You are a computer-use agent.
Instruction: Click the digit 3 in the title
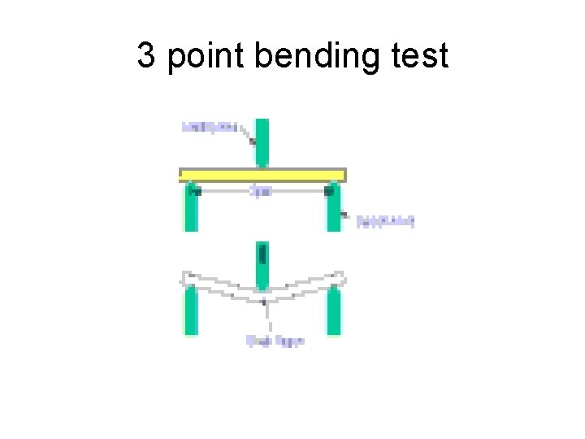(146, 57)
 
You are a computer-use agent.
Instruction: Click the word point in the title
(206, 57)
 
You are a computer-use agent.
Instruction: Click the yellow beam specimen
(262, 175)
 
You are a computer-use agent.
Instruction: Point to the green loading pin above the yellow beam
(262, 142)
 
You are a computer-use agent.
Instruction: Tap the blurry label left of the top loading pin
(209, 127)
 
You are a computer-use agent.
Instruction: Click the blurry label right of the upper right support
(386, 221)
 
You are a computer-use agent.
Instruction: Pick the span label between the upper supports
(261, 193)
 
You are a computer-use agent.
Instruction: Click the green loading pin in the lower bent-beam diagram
(262, 265)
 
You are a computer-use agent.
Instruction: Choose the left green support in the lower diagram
(190, 313)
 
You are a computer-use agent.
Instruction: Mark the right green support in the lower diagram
(333, 313)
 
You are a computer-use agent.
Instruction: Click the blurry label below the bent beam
(275, 341)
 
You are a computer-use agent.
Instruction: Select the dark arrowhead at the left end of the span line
(196, 192)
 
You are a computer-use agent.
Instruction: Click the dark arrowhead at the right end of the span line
(328, 192)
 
